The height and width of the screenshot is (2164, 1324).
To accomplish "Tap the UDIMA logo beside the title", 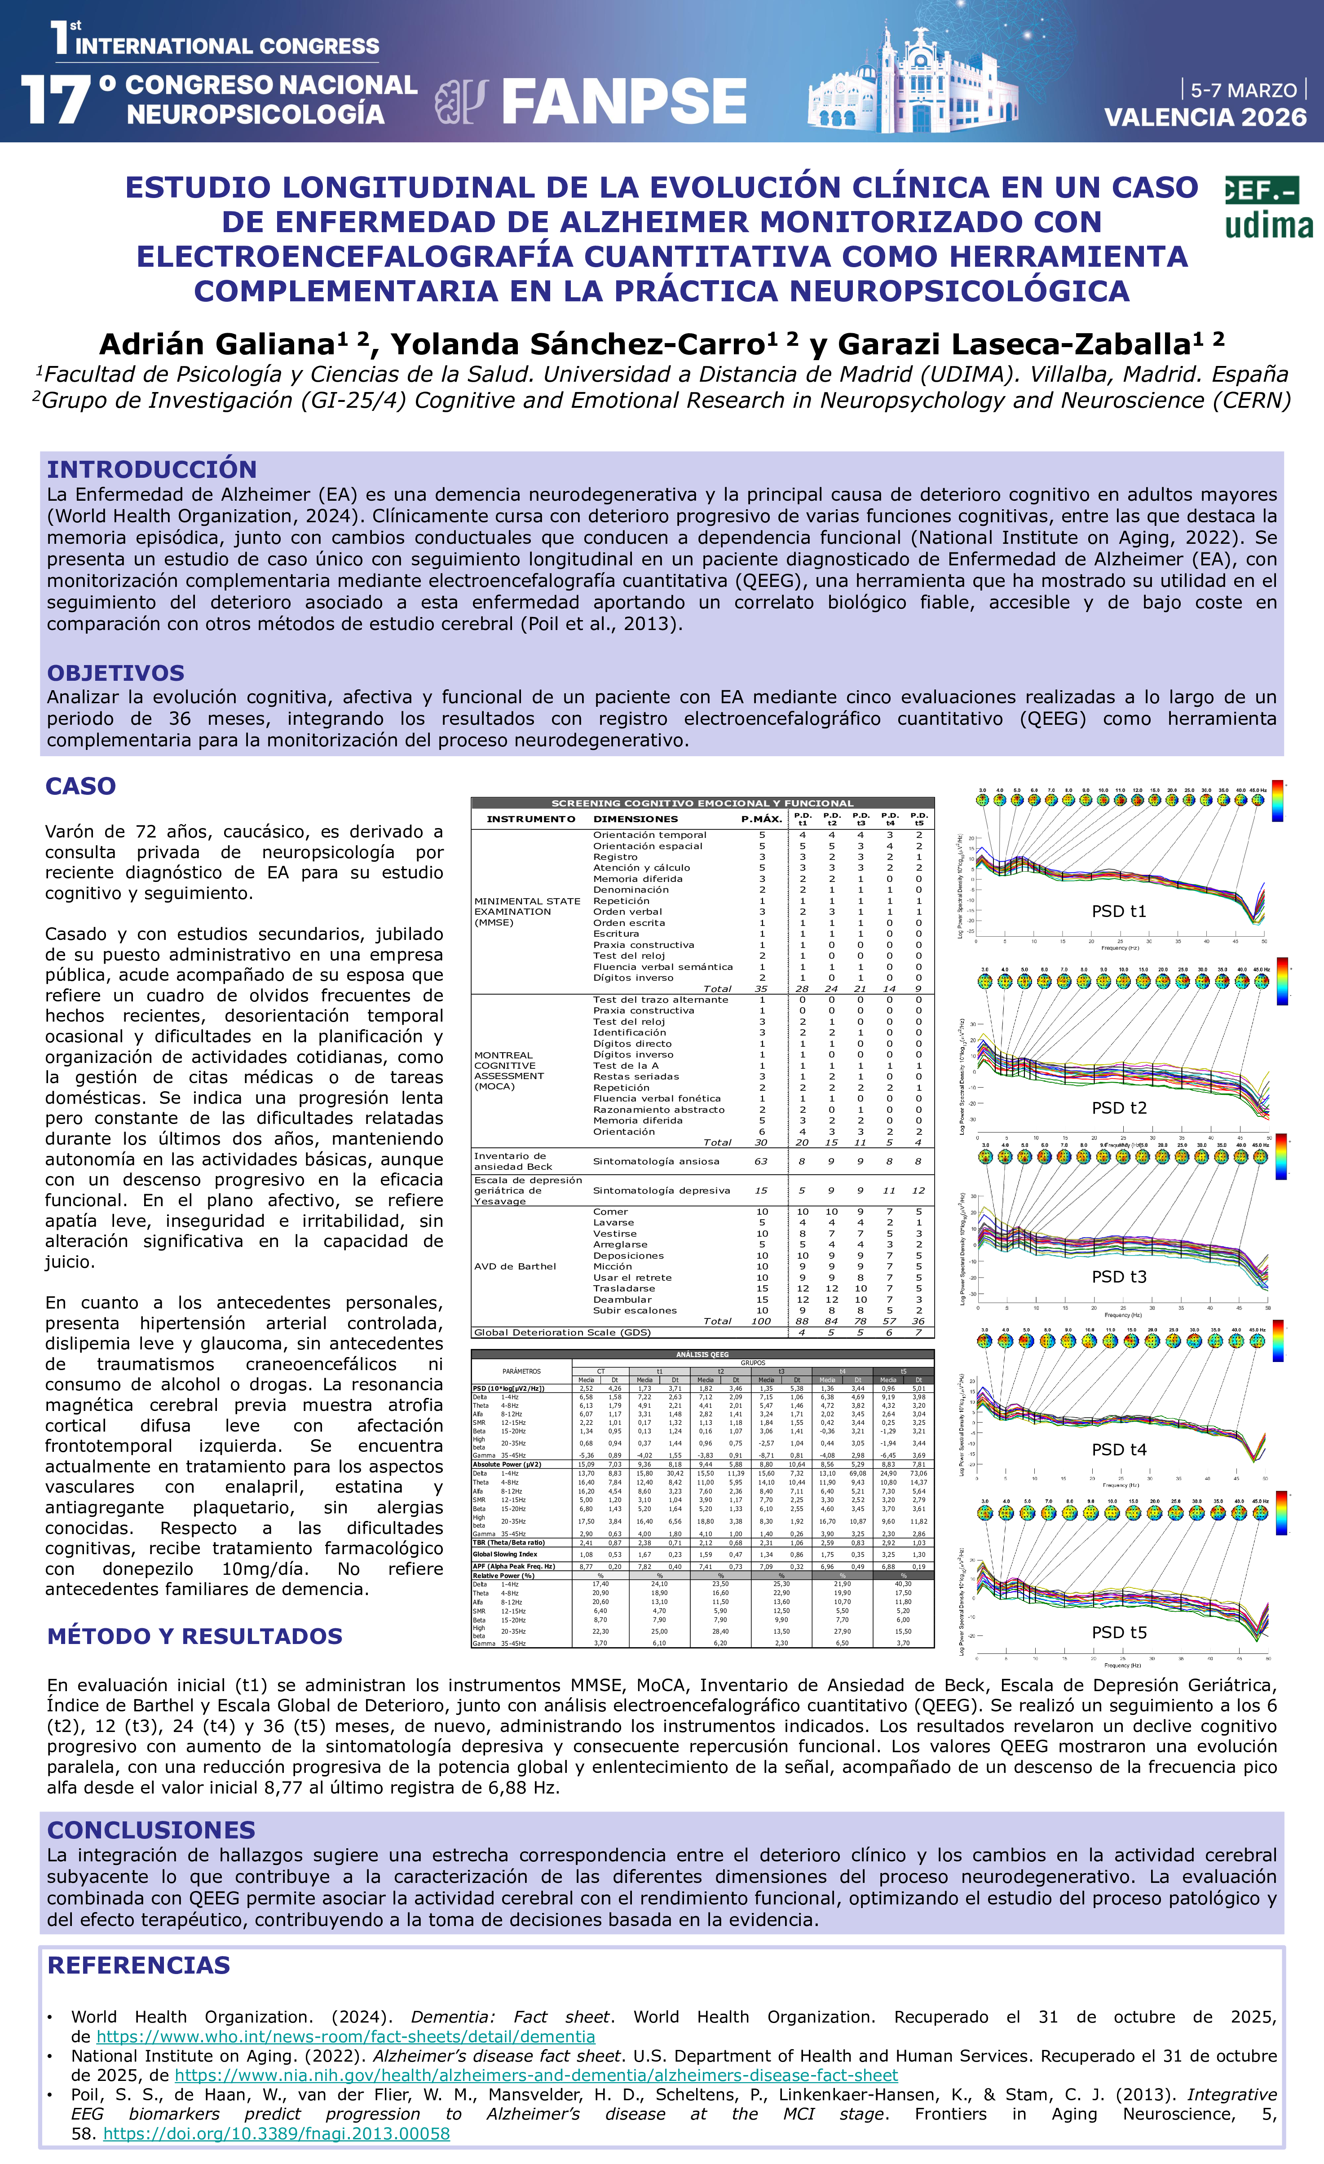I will pyautogui.click(x=1269, y=208).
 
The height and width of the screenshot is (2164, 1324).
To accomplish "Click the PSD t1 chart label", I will pyautogui.click(x=1118, y=912).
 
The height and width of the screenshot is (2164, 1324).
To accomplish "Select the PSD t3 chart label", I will pyautogui.click(x=1118, y=1277).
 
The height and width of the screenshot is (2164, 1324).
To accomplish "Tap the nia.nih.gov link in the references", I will pyautogui.click(x=536, y=2075).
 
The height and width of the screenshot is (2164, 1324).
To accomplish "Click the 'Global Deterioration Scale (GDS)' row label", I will pyautogui.click(x=562, y=1332).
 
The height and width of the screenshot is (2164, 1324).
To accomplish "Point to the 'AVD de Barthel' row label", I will pyautogui.click(x=515, y=1266).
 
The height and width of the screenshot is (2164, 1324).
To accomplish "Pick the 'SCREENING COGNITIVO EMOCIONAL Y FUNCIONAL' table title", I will pyautogui.click(x=702, y=803).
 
